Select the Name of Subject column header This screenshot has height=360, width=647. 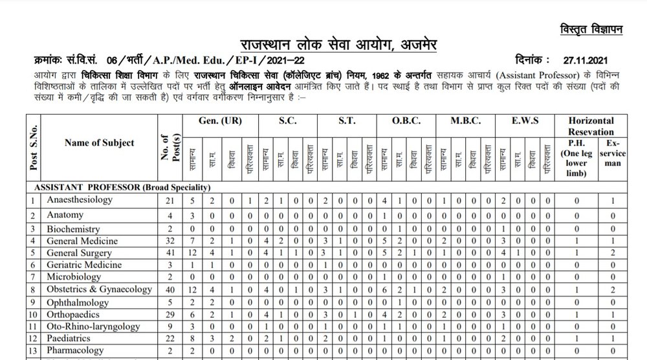100,143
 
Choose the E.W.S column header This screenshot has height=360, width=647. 521,120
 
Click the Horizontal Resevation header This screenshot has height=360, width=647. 590,126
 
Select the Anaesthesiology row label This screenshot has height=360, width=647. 79,200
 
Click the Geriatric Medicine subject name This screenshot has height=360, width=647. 83,265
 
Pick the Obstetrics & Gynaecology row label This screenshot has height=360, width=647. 98,289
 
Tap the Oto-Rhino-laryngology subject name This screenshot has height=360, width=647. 93,326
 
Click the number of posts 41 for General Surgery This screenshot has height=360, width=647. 170,253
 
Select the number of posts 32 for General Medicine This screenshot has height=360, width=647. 170,240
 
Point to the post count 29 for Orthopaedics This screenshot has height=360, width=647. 170,314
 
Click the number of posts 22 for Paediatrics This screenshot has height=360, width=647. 170,339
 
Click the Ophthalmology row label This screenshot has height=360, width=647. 78,302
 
